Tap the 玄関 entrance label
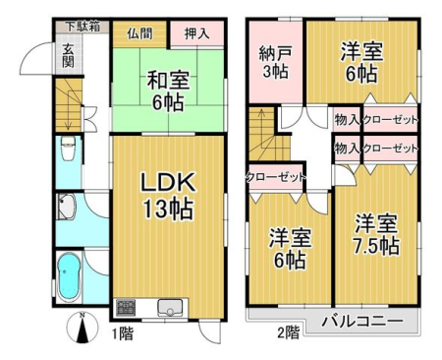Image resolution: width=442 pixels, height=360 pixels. click(x=68, y=55)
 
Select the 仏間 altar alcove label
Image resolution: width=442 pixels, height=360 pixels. click(x=139, y=33)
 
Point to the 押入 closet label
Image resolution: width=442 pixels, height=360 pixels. click(x=196, y=33)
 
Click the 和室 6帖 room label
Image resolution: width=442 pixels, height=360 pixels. click(x=168, y=90)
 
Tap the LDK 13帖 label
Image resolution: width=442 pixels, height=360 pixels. click(x=168, y=196)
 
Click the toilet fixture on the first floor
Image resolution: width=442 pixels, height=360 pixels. click(x=68, y=149)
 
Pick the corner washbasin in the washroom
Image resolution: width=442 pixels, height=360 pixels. click(x=67, y=207)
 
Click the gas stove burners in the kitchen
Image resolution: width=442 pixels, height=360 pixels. click(x=126, y=308)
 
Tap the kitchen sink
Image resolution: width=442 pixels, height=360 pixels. click(x=170, y=308)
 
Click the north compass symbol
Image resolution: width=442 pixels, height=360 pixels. click(x=82, y=328)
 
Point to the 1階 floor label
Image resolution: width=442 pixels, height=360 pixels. click(x=123, y=334)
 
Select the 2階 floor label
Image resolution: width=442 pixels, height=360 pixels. click(x=289, y=332)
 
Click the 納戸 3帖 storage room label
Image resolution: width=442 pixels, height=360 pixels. click(x=275, y=62)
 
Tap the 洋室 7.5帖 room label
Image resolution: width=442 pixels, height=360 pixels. click(x=376, y=234)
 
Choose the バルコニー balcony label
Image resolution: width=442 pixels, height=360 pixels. click(x=362, y=322)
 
